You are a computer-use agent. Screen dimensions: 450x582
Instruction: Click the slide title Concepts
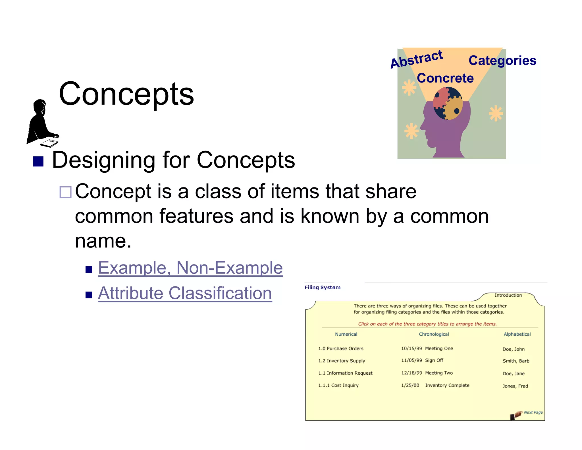(x=126, y=94)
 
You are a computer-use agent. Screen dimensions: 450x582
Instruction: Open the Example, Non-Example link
(x=190, y=268)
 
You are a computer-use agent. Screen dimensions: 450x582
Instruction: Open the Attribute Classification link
(x=185, y=293)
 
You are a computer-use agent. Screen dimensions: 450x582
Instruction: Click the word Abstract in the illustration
(x=417, y=59)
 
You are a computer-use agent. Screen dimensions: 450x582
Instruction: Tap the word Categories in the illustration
(x=502, y=61)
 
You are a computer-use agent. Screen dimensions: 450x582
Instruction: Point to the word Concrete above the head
(x=445, y=78)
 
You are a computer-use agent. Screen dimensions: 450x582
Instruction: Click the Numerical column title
(x=346, y=334)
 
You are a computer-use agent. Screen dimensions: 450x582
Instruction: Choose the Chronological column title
(x=434, y=334)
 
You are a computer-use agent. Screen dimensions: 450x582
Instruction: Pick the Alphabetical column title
(x=517, y=334)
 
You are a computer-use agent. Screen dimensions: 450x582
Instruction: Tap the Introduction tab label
(x=508, y=295)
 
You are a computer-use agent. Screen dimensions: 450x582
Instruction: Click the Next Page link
(x=533, y=412)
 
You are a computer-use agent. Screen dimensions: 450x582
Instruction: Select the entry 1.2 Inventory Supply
(x=342, y=361)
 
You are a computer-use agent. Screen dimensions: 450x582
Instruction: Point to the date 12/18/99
(x=411, y=373)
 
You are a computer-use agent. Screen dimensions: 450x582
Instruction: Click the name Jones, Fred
(x=515, y=386)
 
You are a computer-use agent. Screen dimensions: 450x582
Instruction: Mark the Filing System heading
(x=322, y=287)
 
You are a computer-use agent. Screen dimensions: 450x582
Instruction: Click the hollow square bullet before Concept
(x=65, y=192)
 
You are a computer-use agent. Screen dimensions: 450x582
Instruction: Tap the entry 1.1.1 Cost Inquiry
(x=338, y=385)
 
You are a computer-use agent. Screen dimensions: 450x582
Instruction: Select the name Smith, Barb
(x=516, y=361)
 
